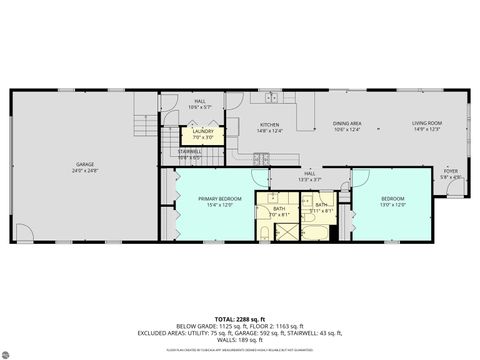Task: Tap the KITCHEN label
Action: click(270, 124)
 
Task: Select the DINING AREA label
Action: click(347, 124)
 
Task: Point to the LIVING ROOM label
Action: click(426, 124)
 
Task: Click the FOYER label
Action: click(451, 170)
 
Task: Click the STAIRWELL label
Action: click(190, 152)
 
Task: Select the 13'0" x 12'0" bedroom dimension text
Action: click(392, 204)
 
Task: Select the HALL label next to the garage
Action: click(200, 101)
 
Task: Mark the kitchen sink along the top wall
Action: click(271, 97)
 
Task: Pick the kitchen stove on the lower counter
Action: click(262, 157)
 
